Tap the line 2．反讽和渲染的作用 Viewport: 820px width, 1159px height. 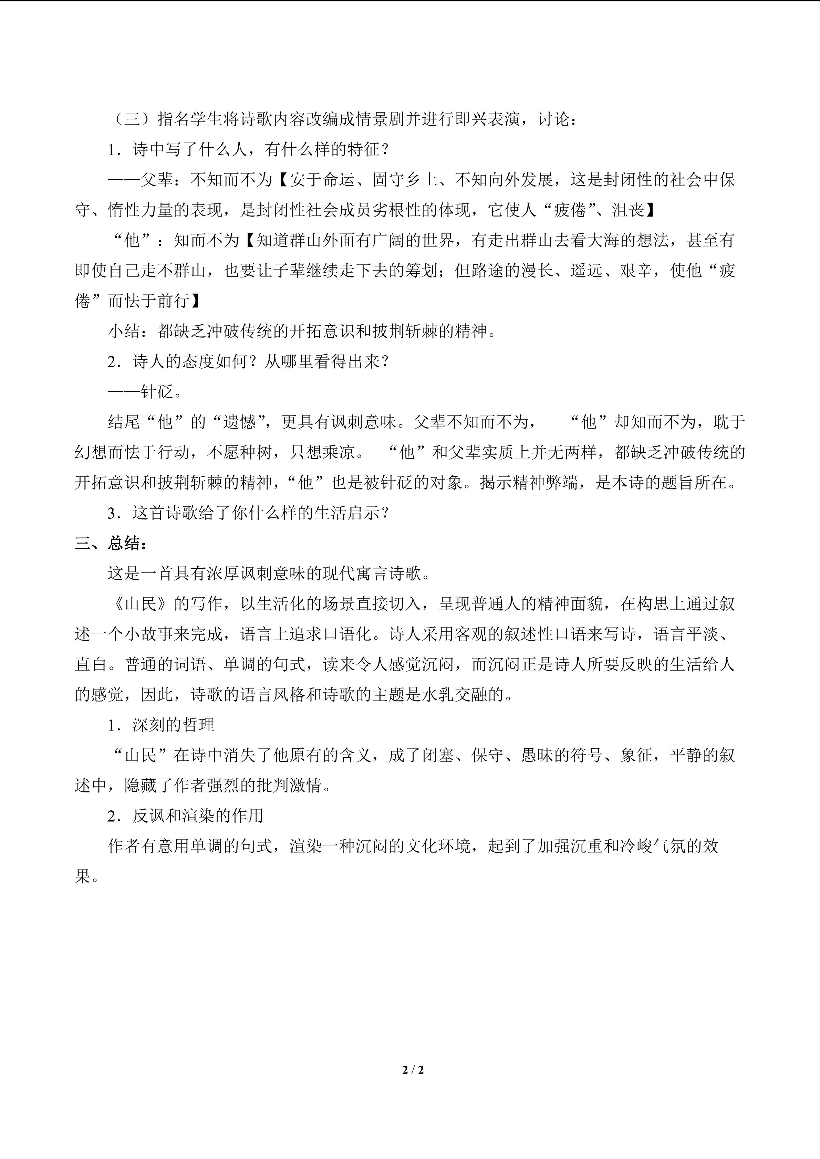pos(185,816)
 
